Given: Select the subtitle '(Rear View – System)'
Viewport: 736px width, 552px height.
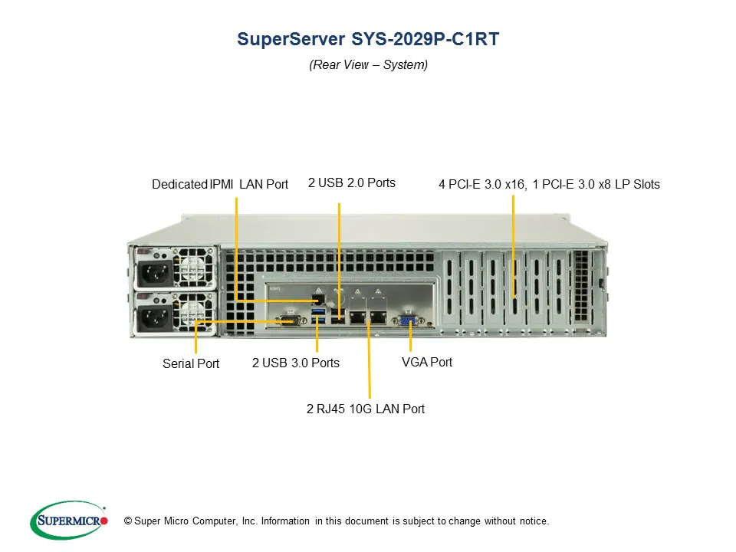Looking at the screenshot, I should coord(368,65).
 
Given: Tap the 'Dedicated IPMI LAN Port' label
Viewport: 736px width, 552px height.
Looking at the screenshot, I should coord(220,185).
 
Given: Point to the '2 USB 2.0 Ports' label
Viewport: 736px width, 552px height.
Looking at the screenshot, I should coord(352,183).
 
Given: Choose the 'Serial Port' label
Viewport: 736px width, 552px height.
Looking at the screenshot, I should coord(191,364).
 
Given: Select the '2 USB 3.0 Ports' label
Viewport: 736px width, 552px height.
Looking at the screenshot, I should coord(295,363).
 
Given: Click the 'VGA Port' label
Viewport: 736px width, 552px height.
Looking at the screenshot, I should coord(427,362).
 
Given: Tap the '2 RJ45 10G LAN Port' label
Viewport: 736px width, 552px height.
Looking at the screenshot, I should coord(366,409).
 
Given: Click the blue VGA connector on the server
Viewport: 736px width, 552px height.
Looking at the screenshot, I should coord(406,320).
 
